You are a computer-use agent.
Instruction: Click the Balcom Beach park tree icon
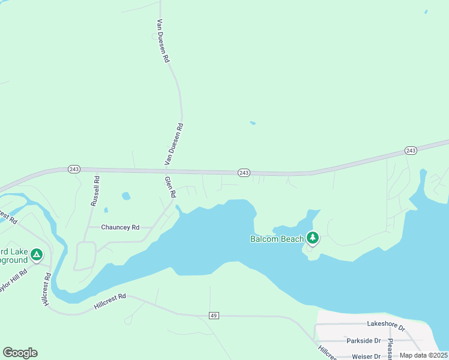(312, 238)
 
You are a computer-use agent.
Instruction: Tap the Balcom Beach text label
(277, 239)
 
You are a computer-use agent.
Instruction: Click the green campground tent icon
(37, 256)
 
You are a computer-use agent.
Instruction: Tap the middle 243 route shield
(244, 173)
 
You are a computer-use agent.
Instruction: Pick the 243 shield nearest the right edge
(411, 150)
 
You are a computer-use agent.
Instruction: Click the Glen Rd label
(170, 187)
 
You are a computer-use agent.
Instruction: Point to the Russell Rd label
(95, 191)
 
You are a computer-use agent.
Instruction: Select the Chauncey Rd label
(120, 227)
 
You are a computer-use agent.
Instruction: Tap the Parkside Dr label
(364, 340)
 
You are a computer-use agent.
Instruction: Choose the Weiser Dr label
(364, 356)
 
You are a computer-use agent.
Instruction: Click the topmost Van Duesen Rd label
(163, 41)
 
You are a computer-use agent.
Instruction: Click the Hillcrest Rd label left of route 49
(110, 301)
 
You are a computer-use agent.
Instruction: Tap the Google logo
(20, 353)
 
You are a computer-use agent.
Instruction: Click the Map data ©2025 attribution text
(424, 355)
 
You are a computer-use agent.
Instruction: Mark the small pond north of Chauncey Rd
(126, 196)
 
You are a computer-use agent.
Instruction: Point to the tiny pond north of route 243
(253, 124)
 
